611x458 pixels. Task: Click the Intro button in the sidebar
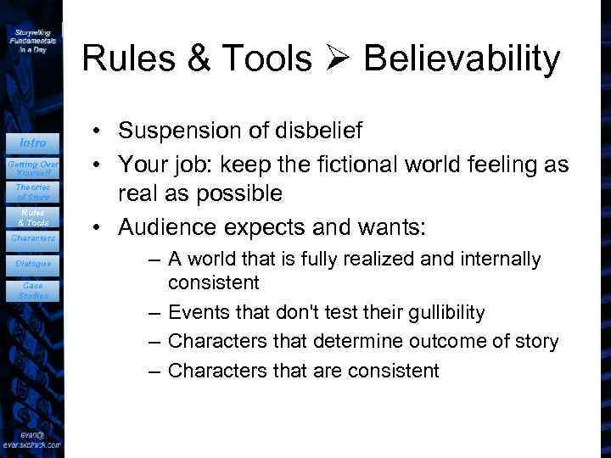[x=33, y=142]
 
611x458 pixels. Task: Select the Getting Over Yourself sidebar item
[x=33, y=167]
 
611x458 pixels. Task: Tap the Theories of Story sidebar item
[x=33, y=192]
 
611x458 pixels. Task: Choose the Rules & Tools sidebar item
[x=33, y=217]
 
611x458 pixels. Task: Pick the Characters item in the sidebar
[x=33, y=238]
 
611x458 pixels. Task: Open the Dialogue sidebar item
[x=33, y=264]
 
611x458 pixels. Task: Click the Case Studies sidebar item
[x=33, y=291]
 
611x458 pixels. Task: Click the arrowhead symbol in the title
[x=347, y=59]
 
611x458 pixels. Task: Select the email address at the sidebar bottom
[x=32, y=438]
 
